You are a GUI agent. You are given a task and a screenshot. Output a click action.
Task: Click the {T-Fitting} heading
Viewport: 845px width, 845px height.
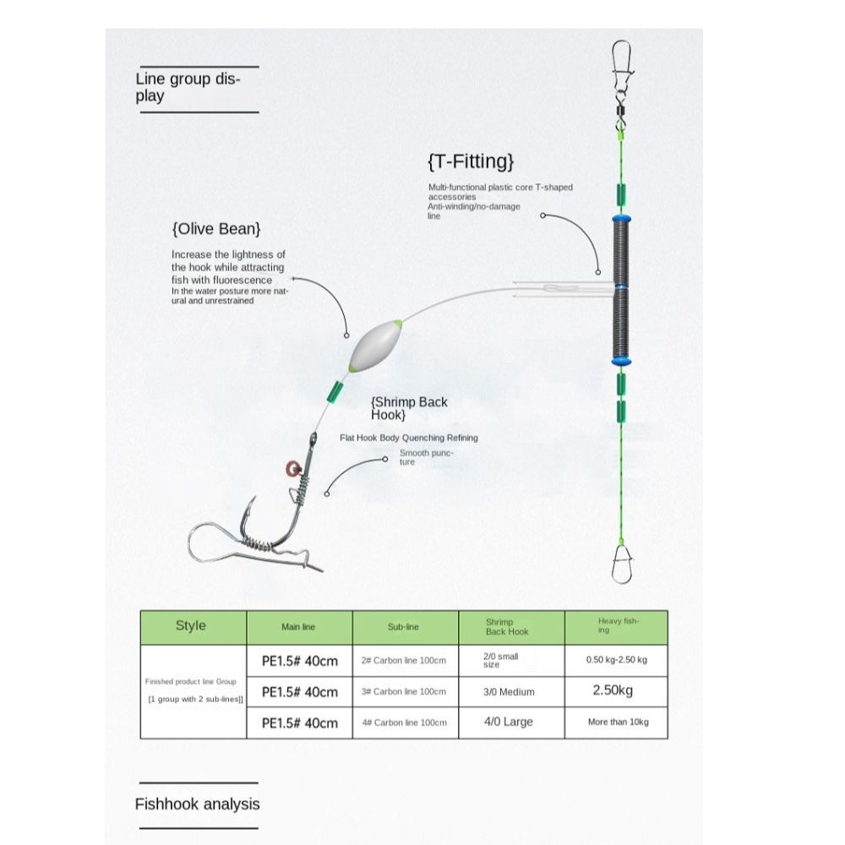point(471,161)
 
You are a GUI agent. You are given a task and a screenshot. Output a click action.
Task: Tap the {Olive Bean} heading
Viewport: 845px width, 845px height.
point(216,229)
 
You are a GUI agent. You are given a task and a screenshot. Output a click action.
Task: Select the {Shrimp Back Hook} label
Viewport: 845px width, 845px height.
point(409,408)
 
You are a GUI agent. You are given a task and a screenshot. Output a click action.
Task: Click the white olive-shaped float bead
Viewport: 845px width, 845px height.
point(375,346)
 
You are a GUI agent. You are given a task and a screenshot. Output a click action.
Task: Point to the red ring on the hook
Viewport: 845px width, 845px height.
point(292,469)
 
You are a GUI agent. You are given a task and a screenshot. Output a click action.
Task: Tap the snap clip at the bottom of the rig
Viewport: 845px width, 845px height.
point(622,564)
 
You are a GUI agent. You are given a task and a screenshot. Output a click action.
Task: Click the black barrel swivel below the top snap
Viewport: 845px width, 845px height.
point(621,111)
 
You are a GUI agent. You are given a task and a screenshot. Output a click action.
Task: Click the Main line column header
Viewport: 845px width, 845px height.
point(299,627)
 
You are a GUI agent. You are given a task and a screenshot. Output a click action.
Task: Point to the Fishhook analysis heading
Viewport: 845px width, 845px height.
point(197,804)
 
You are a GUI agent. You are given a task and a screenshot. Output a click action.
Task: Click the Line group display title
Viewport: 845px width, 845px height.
point(188,87)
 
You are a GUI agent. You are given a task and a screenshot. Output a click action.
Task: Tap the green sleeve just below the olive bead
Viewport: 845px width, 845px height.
point(335,392)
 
